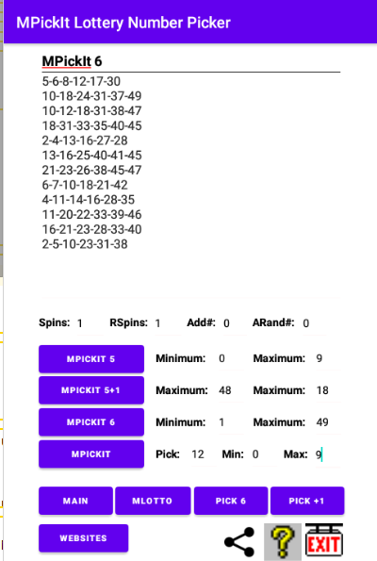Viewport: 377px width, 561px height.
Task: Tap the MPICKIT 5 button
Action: coord(91,359)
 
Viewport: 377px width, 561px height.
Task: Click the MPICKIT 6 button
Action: coord(91,422)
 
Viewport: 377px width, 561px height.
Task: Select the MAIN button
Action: coord(75,501)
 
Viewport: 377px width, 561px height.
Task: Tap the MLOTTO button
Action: coord(153,501)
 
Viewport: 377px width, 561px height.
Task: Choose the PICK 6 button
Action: coord(231,501)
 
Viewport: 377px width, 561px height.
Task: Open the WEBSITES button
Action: coord(83,538)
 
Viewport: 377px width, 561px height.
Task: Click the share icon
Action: coord(239,542)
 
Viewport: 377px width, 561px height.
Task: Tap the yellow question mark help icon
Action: coord(283,542)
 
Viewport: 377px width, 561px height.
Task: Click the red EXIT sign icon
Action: coord(324,540)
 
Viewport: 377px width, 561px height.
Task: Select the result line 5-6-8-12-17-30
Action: coord(81,81)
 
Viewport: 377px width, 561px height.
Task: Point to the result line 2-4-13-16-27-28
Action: coord(85,140)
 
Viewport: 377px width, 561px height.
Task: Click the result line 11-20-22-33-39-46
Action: coord(92,214)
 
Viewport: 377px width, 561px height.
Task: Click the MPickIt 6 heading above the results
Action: coord(72,61)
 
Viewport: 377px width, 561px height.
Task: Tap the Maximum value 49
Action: coord(322,422)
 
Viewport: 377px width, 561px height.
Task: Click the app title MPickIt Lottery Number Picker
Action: coord(123,23)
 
